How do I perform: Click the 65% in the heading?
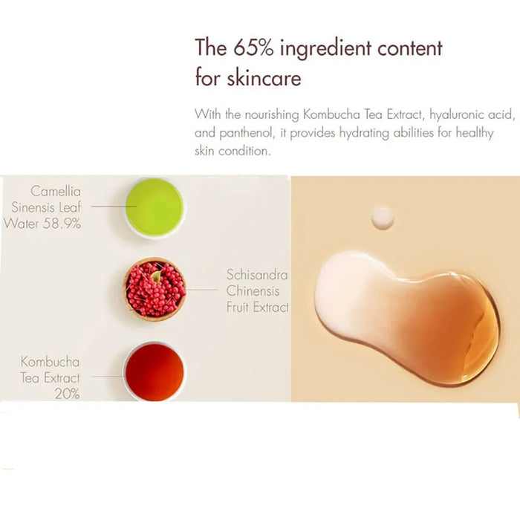point(254,48)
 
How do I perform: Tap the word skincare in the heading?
point(264,78)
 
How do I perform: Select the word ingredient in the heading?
point(325,49)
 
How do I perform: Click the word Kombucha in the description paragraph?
point(331,114)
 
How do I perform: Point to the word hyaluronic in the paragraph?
point(455,115)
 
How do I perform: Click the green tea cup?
point(155,207)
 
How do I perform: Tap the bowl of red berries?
point(155,289)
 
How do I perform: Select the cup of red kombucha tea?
point(155,371)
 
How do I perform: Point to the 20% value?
point(68,394)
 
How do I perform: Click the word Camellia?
point(56,192)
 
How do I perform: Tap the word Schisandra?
point(257,275)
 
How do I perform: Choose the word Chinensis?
point(253,291)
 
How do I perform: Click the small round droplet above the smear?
point(383,218)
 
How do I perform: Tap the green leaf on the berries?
point(156,276)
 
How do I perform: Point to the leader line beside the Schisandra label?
point(201,290)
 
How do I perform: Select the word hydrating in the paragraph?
point(365,133)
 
